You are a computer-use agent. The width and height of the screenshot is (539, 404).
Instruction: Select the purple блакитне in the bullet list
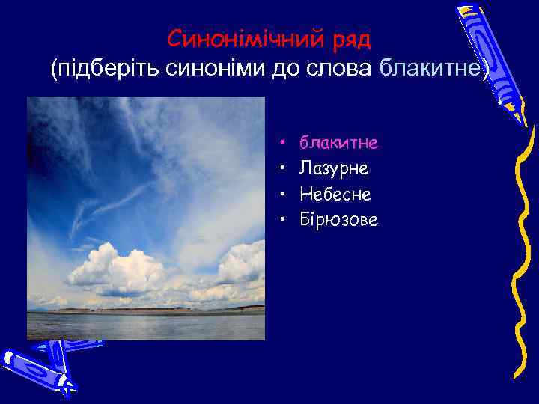[338, 142]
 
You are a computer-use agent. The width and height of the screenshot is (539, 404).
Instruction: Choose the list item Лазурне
[334, 168]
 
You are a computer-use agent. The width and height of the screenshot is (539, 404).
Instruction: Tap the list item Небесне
[335, 195]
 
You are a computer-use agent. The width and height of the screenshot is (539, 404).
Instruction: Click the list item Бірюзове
[338, 220]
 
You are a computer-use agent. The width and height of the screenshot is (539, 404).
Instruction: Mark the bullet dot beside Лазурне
[284, 169]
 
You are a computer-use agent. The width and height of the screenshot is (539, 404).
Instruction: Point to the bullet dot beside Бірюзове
[284, 221]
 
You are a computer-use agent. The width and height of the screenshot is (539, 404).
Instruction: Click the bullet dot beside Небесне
[284, 195]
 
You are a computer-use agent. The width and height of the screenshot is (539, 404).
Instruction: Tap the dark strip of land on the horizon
[150, 310]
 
